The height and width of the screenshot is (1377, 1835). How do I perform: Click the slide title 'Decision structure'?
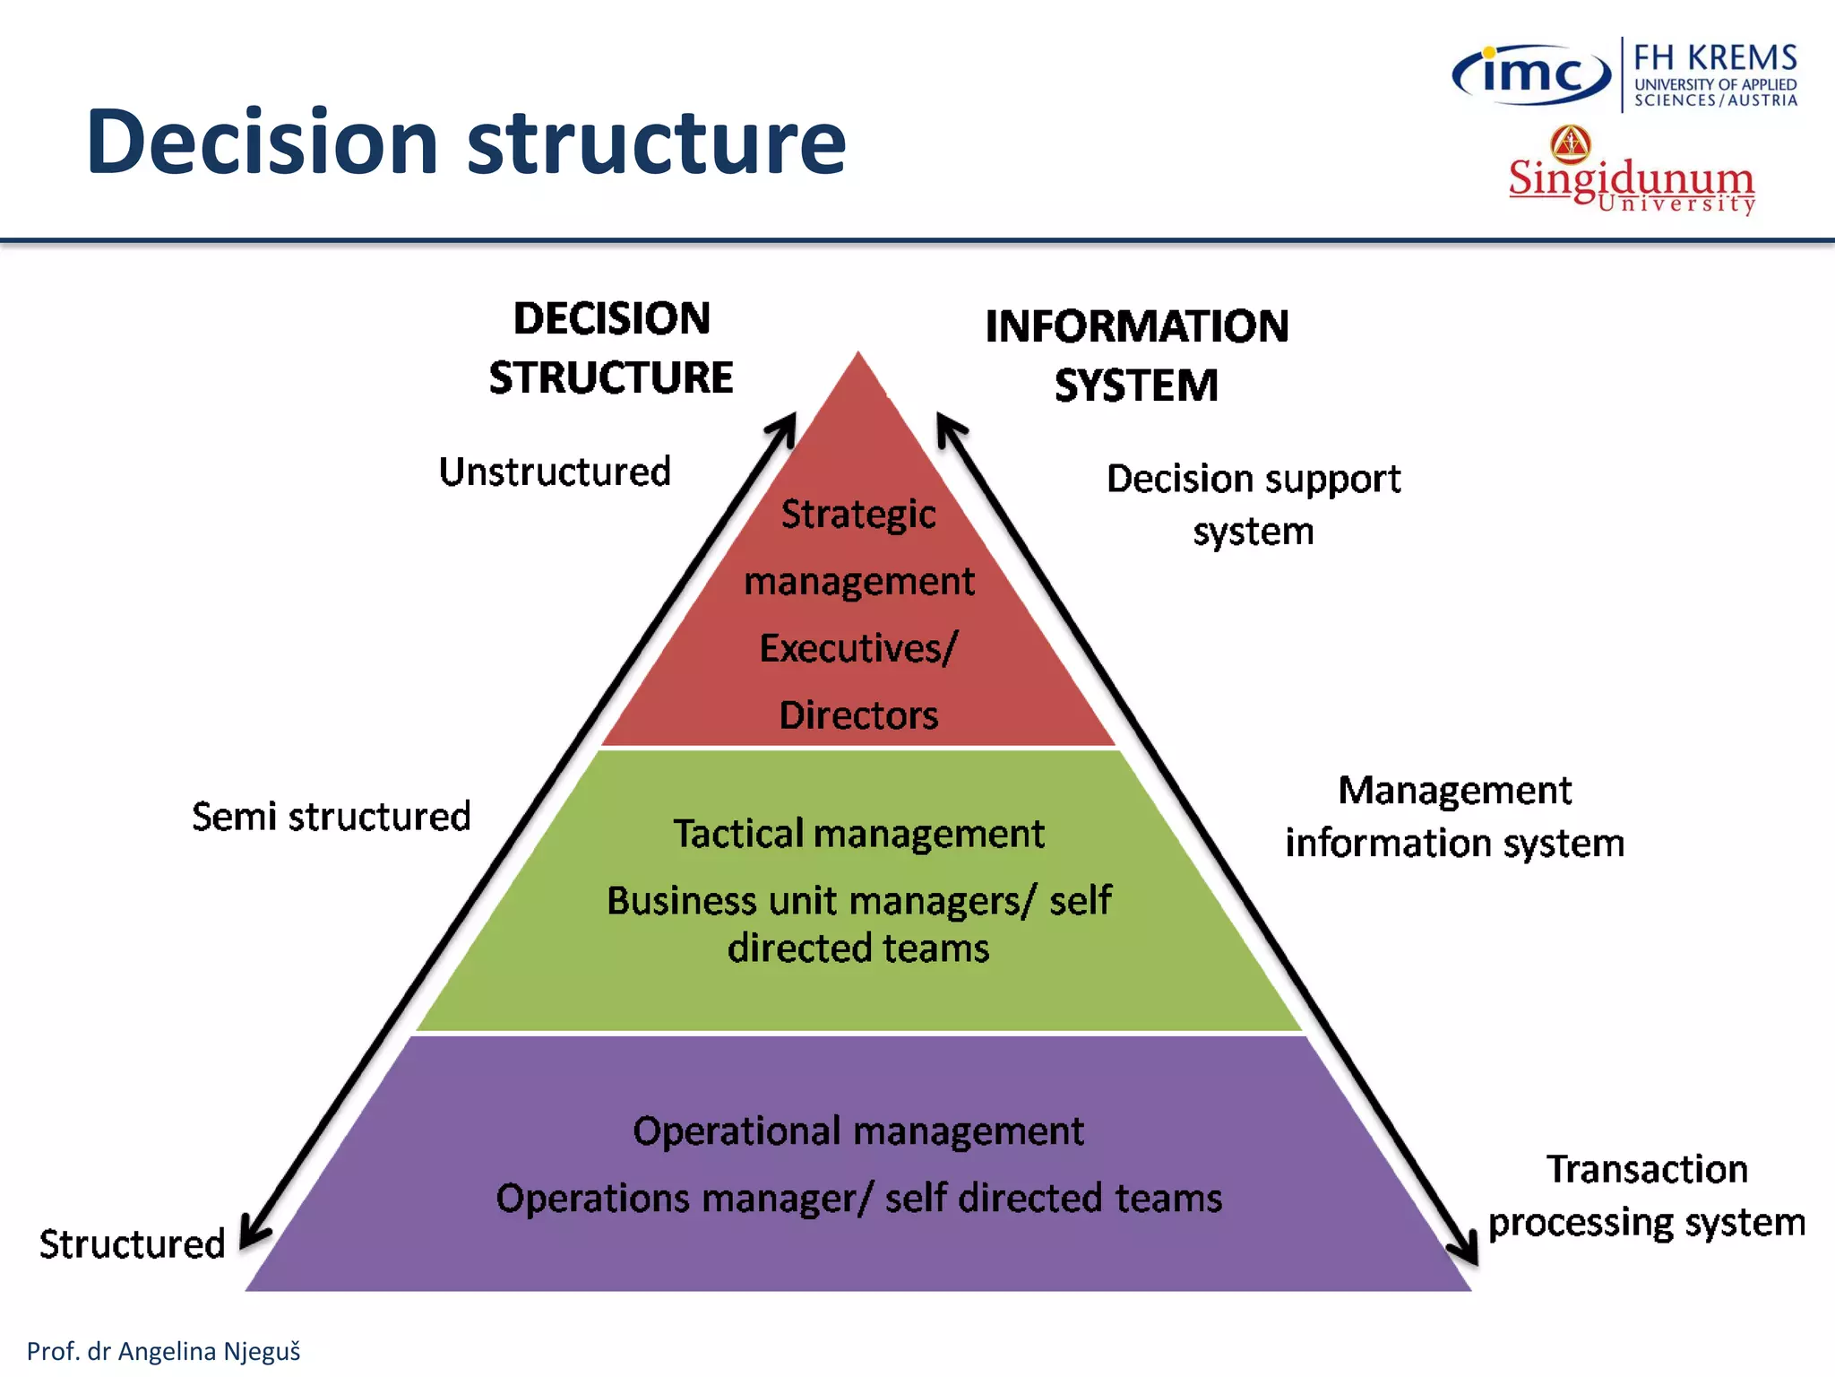pyautogui.click(x=466, y=142)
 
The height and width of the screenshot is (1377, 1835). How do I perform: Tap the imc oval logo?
pyautogui.click(x=1531, y=74)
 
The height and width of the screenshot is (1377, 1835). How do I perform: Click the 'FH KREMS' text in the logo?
pyautogui.click(x=1715, y=57)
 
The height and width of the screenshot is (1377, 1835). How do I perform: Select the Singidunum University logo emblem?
pyautogui.click(x=1571, y=143)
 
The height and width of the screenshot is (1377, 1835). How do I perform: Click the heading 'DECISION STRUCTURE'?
pyautogui.click(x=611, y=348)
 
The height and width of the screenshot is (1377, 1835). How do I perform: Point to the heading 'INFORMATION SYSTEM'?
pyautogui.click(x=1136, y=355)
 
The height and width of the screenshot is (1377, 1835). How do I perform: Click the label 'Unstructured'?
pyautogui.click(x=555, y=472)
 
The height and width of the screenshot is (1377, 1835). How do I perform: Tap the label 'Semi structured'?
pyautogui.click(x=331, y=817)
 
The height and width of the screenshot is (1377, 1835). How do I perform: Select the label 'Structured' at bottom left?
pyautogui.click(x=132, y=1244)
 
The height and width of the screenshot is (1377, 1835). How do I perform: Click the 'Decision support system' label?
pyautogui.click(x=1253, y=505)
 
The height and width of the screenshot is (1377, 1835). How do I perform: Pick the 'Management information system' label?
pyautogui.click(x=1454, y=817)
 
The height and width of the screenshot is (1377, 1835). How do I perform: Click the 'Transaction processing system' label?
pyautogui.click(x=1646, y=1196)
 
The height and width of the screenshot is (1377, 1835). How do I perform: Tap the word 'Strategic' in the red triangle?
pyautogui.click(x=858, y=515)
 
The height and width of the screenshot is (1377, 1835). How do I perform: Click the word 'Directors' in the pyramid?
pyautogui.click(x=858, y=715)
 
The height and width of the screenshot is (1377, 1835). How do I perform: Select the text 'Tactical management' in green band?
pyautogui.click(x=858, y=834)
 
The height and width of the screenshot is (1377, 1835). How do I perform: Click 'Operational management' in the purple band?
pyautogui.click(x=858, y=1131)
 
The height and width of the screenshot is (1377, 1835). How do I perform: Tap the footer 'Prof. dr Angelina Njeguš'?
pyautogui.click(x=163, y=1351)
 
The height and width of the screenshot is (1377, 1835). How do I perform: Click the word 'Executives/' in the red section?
pyautogui.click(x=858, y=648)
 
